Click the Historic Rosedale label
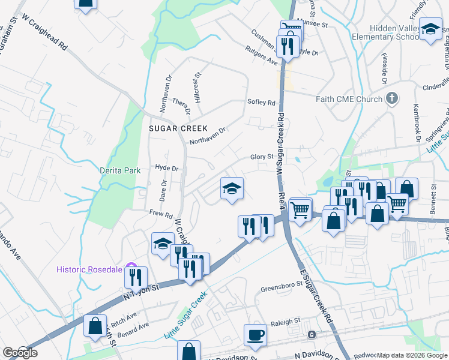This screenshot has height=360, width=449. (90, 269)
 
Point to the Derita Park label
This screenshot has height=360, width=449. (120, 170)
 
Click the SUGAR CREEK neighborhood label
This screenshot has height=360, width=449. (178, 128)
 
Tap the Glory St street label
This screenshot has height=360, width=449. (262, 157)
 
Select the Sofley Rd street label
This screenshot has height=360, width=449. (261, 103)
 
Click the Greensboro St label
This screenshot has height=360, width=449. (280, 289)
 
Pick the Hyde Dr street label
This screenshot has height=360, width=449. (167, 168)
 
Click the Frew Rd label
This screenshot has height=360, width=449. (161, 214)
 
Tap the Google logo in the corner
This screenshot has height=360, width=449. (19, 353)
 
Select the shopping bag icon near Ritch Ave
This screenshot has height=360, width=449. (95, 326)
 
